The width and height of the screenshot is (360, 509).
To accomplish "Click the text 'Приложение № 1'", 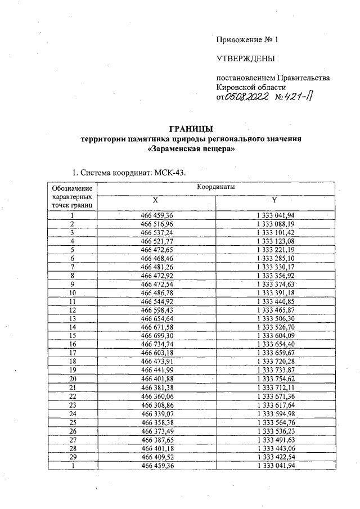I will point(247,40).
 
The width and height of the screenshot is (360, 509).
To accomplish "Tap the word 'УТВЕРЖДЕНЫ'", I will point(246,58).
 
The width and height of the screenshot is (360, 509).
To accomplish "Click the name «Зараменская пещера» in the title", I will point(191,149).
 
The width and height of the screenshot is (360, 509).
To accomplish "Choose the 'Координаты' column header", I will point(216,186).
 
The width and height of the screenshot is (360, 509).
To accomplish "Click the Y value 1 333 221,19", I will point(275,249).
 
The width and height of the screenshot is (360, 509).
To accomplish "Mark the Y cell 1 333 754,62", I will point(275,379).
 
